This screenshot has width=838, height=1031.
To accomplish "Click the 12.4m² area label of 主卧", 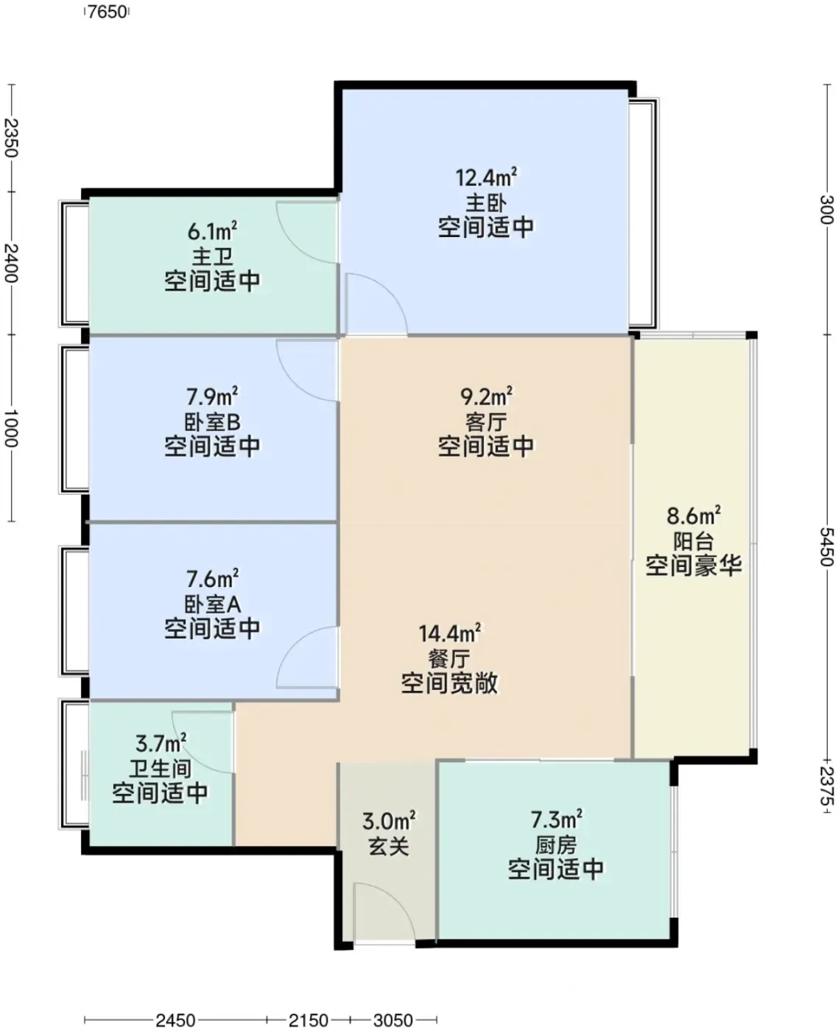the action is [x=486, y=177].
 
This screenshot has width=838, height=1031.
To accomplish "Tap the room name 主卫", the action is [x=212, y=256].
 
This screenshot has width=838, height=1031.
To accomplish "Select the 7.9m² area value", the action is [x=212, y=396].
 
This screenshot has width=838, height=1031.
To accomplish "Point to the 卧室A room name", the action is [x=212, y=604].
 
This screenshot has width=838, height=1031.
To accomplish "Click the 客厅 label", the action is [x=486, y=422].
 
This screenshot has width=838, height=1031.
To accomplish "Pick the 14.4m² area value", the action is [x=449, y=633].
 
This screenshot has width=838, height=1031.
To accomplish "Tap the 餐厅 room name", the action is [x=449, y=659].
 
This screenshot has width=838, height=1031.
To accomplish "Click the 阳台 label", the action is [x=694, y=541].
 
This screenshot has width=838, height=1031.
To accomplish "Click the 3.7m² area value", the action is [x=161, y=743].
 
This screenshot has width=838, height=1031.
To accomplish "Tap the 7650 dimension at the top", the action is [x=107, y=12].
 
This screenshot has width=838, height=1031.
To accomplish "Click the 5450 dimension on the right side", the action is [x=828, y=546].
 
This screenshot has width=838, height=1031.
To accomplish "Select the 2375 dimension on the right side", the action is [x=828, y=786].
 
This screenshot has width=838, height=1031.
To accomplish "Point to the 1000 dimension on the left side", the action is [x=10, y=429].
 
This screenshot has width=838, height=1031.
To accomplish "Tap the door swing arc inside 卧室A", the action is [x=307, y=657].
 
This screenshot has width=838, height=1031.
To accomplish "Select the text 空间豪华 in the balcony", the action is [x=694, y=566].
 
